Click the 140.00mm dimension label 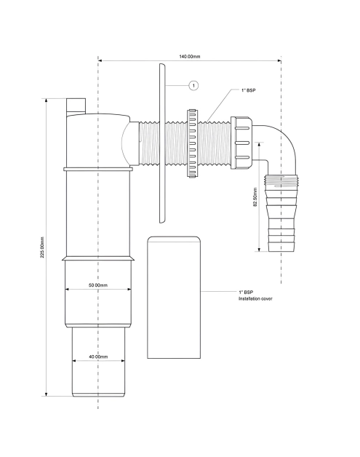(x=190, y=56)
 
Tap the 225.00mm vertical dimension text (x=42, y=247)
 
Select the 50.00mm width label (x=98, y=285)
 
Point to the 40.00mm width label (x=98, y=357)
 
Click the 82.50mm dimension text (x=255, y=196)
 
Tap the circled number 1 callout (x=193, y=85)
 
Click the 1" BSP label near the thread (x=249, y=90)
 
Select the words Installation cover (x=255, y=298)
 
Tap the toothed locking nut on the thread (x=192, y=143)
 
